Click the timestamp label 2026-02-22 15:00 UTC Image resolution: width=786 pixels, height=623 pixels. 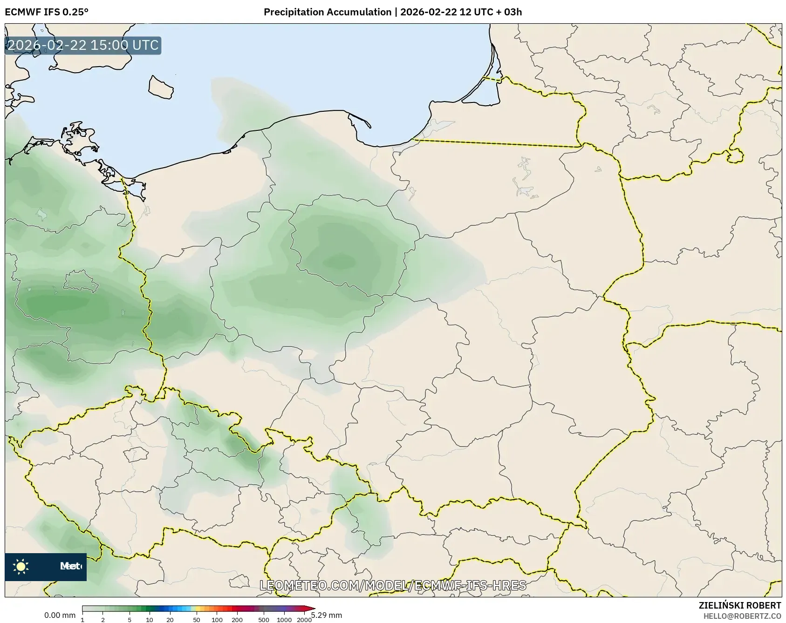[83, 46]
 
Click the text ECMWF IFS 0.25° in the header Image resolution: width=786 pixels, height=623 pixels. [46, 12]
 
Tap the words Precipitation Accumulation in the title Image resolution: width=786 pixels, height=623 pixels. [328, 12]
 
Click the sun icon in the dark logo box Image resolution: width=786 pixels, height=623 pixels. [21, 566]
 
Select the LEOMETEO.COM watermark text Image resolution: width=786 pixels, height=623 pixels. [393, 585]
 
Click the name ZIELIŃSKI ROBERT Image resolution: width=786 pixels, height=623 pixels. [739, 605]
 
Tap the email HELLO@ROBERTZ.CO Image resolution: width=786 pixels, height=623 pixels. [742, 616]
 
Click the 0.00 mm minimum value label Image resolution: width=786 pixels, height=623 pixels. [60, 616]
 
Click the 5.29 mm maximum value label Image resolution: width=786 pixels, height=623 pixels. [327, 616]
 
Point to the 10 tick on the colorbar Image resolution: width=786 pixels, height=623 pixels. [149, 619]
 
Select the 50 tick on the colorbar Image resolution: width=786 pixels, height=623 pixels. [197, 619]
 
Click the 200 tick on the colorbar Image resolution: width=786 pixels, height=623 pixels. [237, 619]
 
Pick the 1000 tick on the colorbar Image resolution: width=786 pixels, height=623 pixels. [284, 619]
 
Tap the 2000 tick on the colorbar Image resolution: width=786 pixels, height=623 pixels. [304, 619]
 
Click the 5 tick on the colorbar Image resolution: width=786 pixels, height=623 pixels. [130, 619]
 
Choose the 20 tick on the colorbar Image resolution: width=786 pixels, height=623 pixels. [170, 619]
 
